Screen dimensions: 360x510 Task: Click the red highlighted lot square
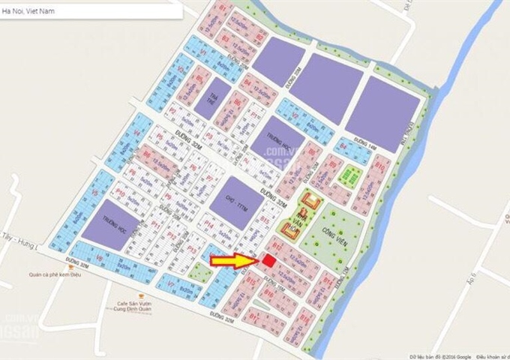click(x=268, y=260)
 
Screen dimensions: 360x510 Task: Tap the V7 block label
click(x=172, y=284)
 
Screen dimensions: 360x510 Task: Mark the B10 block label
click(x=380, y=166)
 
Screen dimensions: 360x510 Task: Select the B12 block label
click(x=277, y=246)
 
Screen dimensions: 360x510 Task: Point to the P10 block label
click(x=121, y=193)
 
